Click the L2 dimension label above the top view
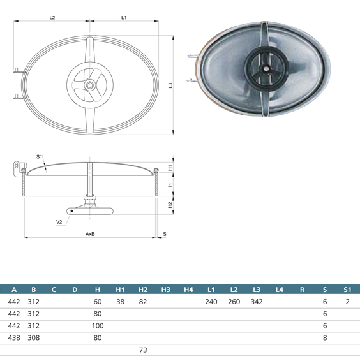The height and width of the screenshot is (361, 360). click(x=52, y=18)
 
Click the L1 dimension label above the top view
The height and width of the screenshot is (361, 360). click(x=124, y=18)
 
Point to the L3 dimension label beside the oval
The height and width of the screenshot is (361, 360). click(x=170, y=85)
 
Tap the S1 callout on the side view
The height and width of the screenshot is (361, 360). click(x=39, y=157)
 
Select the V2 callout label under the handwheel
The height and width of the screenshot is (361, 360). click(x=59, y=222)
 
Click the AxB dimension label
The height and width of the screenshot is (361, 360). click(x=90, y=234)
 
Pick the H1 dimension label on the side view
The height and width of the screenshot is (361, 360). click(x=170, y=168)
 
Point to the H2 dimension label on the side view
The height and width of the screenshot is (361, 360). click(x=170, y=205)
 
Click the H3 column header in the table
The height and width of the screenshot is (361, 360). click(x=166, y=290)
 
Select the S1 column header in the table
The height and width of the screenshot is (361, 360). click(x=347, y=290)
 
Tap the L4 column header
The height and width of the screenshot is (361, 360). click(x=280, y=290)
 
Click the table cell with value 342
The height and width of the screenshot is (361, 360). click(x=257, y=302)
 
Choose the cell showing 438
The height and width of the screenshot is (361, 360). click(x=14, y=338)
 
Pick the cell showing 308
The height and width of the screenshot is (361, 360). click(x=34, y=338)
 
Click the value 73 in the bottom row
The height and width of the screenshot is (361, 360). click(x=143, y=350)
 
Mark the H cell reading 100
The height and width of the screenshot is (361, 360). click(x=98, y=326)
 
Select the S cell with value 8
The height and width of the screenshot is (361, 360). click(x=325, y=338)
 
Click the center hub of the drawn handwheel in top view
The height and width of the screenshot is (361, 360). click(x=89, y=85)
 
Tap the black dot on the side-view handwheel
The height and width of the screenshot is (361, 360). click(x=72, y=211)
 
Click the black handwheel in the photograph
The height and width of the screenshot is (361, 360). click(x=266, y=69)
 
